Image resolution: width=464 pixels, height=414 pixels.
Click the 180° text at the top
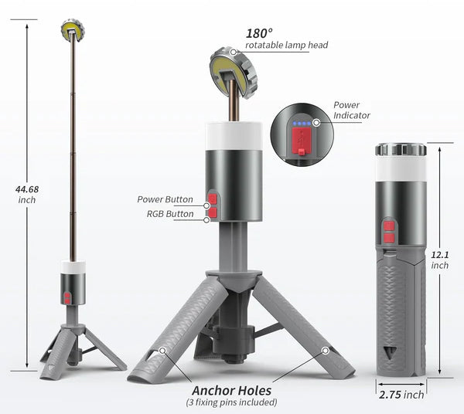tap(258, 32)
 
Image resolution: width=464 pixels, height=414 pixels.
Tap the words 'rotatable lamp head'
tap(286, 46)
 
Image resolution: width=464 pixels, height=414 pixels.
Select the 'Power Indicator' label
tap(351, 110)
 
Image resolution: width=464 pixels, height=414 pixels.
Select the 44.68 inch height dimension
tap(29, 194)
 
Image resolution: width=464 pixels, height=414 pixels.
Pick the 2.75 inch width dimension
tap(402, 395)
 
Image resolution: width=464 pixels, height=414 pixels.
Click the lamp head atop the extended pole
tap(72, 30)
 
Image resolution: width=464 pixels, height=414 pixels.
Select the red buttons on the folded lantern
tap(390, 232)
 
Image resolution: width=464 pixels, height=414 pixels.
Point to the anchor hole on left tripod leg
tap(162, 351)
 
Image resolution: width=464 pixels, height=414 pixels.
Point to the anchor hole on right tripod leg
tap(326, 351)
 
